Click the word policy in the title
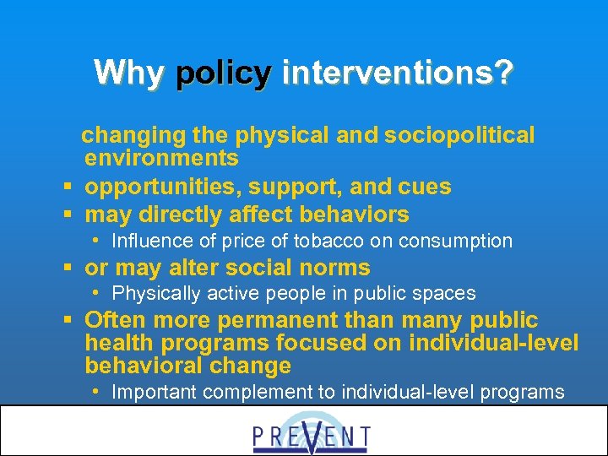(x=223, y=73)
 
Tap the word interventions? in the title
(x=397, y=73)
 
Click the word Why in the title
(x=129, y=73)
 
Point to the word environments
(x=161, y=158)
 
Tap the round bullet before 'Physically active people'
(x=98, y=293)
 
